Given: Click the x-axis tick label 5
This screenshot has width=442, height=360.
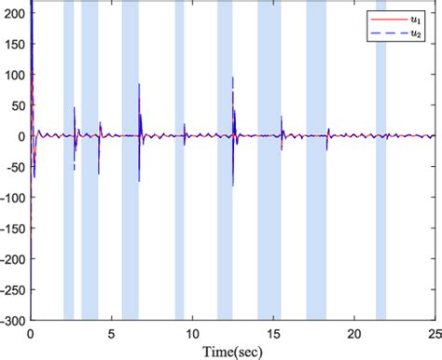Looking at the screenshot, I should [111, 330].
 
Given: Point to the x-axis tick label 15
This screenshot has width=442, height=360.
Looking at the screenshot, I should [272, 330].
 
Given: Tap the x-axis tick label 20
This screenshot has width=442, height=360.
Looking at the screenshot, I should [353, 330].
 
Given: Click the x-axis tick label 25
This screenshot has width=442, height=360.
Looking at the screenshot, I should [433, 330].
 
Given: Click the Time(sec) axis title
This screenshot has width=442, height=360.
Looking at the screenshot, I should [232, 349].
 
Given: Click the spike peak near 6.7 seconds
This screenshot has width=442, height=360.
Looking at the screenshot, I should [140, 85].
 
